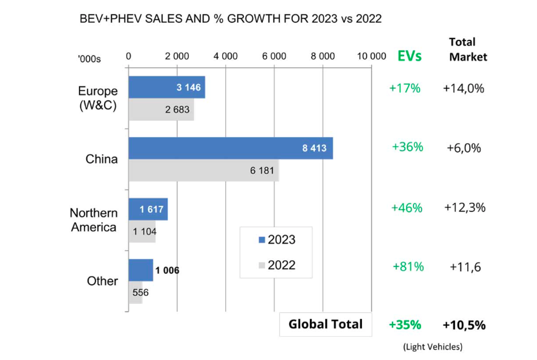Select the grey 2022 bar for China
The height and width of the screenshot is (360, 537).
click(x=203, y=171)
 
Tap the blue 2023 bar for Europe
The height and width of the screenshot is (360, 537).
click(x=167, y=87)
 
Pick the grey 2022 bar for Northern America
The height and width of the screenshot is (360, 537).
click(x=142, y=231)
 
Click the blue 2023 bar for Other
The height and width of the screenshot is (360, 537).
click(x=141, y=270)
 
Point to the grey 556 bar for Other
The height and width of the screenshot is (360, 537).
click(x=136, y=293)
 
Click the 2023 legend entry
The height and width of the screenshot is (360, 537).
click(x=277, y=240)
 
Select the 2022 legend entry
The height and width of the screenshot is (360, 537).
click(x=277, y=265)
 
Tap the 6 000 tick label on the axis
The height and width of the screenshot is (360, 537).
click(x=274, y=57)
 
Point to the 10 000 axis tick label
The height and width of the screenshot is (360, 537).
click(x=371, y=57)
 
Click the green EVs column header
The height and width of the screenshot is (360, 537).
click(x=409, y=56)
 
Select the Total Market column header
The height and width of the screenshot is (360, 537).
click(x=468, y=49)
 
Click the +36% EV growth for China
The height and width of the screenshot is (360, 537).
click(x=407, y=147)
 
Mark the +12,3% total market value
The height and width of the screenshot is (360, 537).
click(x=464, y=208)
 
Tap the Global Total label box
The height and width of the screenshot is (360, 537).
click(x=326, y=324)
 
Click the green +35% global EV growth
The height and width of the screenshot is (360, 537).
click(x=405, y=325)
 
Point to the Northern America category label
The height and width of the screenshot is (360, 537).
click(x=94, y=220)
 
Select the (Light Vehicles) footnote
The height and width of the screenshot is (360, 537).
click(x=433, y=347)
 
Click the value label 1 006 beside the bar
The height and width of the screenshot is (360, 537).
click(x=166, y=271)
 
